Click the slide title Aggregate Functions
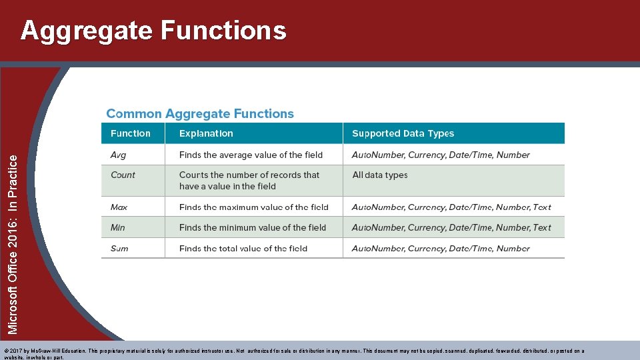coord(153,31)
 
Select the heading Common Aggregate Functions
coord(200,114)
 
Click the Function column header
coord(131,133)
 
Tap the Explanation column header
coord(206,133)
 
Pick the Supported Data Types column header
coord(403,133)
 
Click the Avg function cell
coord(118,155)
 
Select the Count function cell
coord(123,175)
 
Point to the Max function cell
coord(119,207)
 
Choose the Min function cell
coord(117,227)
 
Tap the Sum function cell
coord(119,248)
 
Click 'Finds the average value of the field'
coord(251,155)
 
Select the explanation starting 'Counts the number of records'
coord(249,181)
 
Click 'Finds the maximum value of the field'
coord(254,207)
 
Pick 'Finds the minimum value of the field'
coord(253,227)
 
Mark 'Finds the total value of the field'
coord(243,248)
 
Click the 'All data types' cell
coord(379,175)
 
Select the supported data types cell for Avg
coord(441,155)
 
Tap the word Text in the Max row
coord(542,207)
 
